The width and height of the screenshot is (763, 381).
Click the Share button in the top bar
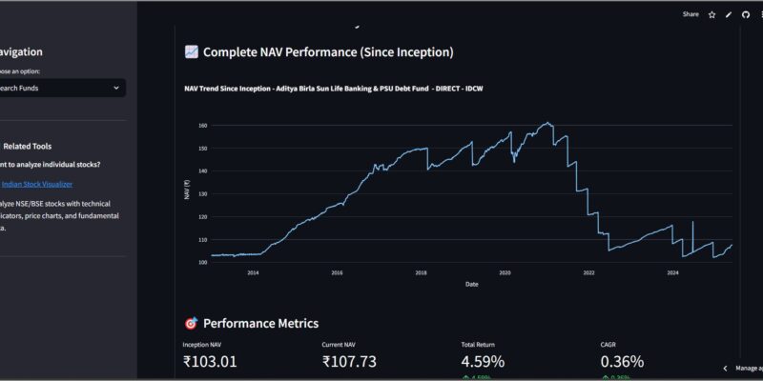click(x=691, y=14)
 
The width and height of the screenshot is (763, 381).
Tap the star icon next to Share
click(x=711, y=14)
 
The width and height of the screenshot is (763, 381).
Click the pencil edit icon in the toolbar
click(x=729, y=14)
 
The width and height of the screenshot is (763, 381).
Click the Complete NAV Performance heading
click(x=327, y=52)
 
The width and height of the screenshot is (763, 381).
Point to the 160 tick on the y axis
click(x=203, y=126)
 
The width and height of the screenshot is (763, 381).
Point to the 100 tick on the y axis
click(x=203, y=263)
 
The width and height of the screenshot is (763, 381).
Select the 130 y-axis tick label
click(x=203, y=194)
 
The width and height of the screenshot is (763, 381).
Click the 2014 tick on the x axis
click(x=253, y=272)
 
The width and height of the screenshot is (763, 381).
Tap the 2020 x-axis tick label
click(x=505, y=272)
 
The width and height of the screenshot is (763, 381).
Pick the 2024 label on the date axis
click(x=672, y=272)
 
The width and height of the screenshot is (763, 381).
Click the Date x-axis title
click(x=472, y=284)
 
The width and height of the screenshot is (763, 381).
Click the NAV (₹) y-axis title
click(x=187, y=192)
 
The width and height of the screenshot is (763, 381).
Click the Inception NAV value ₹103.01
click(x=210, y=362)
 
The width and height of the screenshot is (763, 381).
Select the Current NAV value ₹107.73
click(x=350, y=362)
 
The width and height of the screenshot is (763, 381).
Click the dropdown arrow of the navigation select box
click(x=115, y=89)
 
